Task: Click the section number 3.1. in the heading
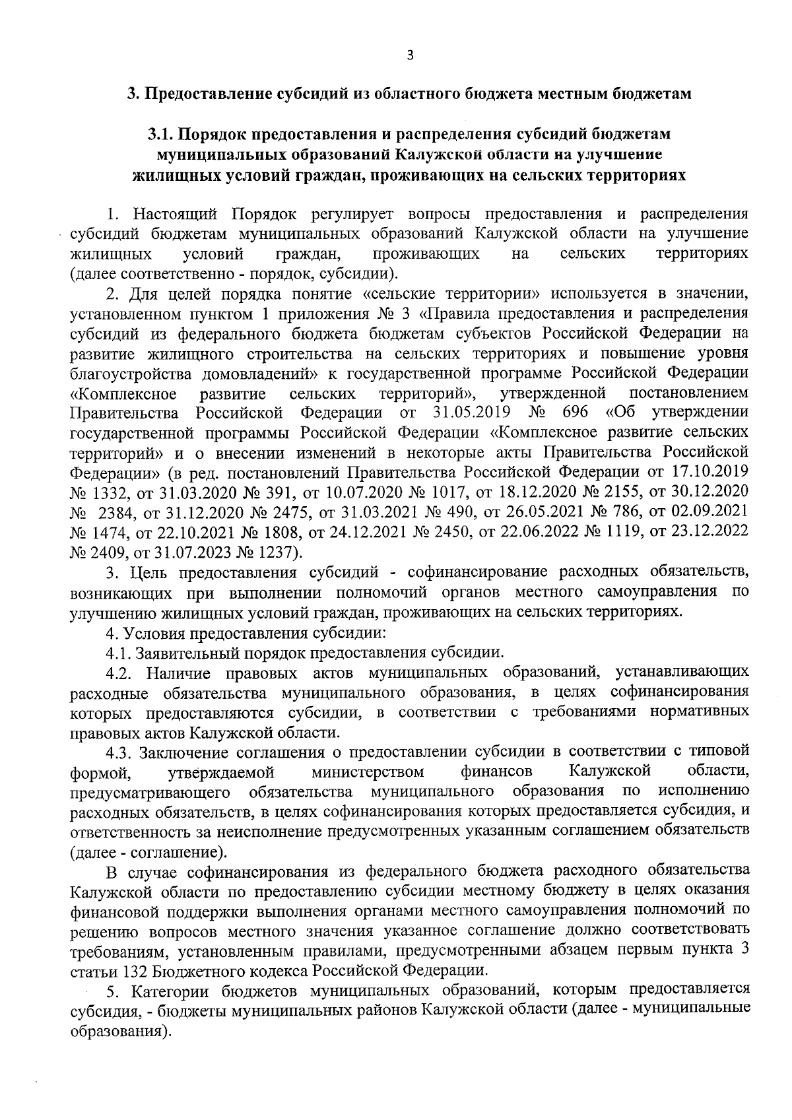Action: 161,134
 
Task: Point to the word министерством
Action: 368,772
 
